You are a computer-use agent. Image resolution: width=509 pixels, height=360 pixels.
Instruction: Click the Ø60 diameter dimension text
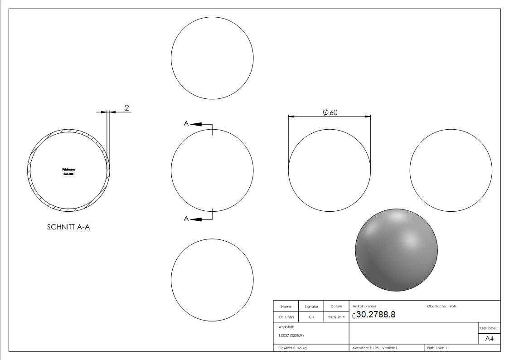pyautogui.click(x=330, y=112)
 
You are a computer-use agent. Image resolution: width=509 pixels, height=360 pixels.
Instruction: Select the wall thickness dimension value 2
pyautogui.click(x=127, y=108)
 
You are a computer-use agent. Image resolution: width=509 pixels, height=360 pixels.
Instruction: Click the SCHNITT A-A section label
pyautogui.click(x=68, y=228)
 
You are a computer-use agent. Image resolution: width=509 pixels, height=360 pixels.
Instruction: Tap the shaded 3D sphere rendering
pyautogui.click(x=397, y=249)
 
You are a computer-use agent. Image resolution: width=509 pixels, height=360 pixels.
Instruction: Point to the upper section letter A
pyautogui.click(x=186, y=123)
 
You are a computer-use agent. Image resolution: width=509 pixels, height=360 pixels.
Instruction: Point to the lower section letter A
pyautogui.click(x=186, y=219)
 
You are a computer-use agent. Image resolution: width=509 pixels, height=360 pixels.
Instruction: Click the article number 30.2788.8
pyautogui.click(x=376, y=315)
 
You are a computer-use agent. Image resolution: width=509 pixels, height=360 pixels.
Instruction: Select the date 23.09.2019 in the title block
pyautogui.click(x=336, y=317)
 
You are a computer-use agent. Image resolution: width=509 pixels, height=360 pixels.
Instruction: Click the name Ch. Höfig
pyautogui.click(x=286, y=317)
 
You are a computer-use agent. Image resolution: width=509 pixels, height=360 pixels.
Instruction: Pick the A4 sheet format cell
pyautogui.click(x=489, y=339)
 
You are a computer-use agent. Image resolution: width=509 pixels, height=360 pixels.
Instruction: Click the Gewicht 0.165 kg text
pyautogui.click(x=292, y=348)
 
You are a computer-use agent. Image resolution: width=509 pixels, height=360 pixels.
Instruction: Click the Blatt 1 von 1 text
pyautogui.click(x=436, y=348)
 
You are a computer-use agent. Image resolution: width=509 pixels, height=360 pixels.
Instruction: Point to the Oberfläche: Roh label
pyautogui.click(x=441, y=306)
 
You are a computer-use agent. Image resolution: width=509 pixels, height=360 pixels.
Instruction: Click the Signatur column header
pyautogui.click(x=311, y=306)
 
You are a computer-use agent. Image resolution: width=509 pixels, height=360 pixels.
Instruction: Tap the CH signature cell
pyautogui.click(x=311, y=317)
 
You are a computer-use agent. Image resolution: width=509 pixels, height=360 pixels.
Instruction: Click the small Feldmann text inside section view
pyautogui.click(x=68, y=170)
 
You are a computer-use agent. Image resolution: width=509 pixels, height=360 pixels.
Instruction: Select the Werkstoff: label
pyautogui.click(x=286, y=326)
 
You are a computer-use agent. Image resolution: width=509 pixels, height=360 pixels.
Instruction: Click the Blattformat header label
pyautogui.click(x=489, y=328)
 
